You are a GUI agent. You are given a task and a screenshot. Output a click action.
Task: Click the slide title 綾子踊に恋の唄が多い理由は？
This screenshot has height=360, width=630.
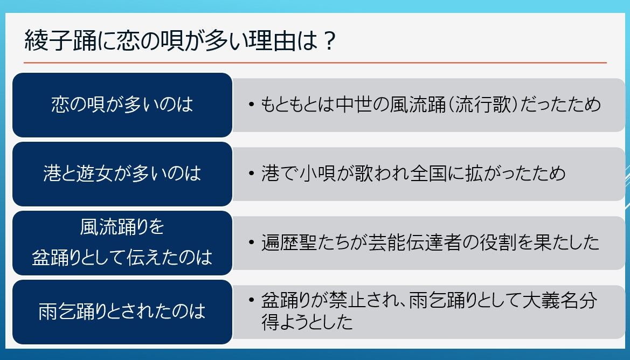pyautogui.click(x=179, y=40)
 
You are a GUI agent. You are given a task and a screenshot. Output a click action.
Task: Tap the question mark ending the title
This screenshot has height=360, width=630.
pyautogui.click(x=329, y=40)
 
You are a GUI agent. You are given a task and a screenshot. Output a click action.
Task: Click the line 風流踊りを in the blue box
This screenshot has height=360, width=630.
pyautogui.click(x=122, y=226)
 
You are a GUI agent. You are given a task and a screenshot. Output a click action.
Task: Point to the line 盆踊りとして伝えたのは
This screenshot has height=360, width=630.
pyautogui.click(x=122, y=258)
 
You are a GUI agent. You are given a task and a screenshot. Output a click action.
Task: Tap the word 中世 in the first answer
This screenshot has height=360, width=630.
pyautogui.click(x=355, y=105)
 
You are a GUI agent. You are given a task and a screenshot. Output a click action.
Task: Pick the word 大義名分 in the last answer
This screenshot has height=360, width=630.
pyautogui.click(x=560, y=301)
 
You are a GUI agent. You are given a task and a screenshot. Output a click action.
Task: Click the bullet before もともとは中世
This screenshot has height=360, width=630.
pyautogui.click(x=252, y=105)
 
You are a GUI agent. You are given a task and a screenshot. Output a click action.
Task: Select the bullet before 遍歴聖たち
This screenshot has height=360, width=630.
pyautogui.click(x=252, y=243)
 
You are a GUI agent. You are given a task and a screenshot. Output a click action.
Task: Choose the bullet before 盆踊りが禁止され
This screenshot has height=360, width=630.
pyautogui.click(x=252, y=301)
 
